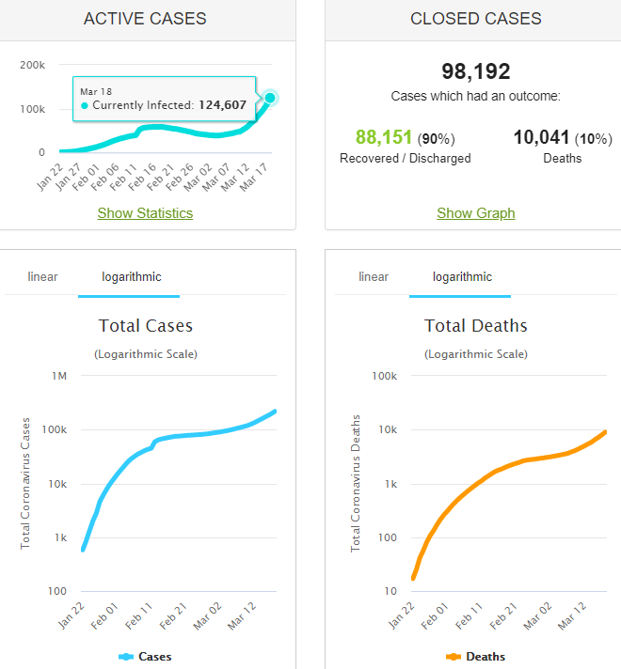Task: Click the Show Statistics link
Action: tap(145, 213)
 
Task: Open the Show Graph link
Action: tap(475, 213)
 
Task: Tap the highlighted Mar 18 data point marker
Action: tap(270, 98)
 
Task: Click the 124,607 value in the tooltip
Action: tap(222, 105)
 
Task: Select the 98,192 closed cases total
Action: tap(475, 71)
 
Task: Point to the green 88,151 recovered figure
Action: tap(384, 137)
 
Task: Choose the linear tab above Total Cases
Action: tap(42, 276)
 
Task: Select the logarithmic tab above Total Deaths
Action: tap(462, 276)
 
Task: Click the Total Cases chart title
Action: tap(146, 326)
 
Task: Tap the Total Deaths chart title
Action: tap(476, 326)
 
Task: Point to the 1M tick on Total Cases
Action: tap(59, 376)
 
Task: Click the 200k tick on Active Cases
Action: tap(32, 65)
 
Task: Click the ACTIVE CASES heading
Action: tap(145, 19)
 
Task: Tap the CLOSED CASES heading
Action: tap(475, 19)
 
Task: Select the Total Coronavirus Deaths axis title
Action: tap(357, 481)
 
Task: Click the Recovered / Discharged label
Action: tap(405, 158)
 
